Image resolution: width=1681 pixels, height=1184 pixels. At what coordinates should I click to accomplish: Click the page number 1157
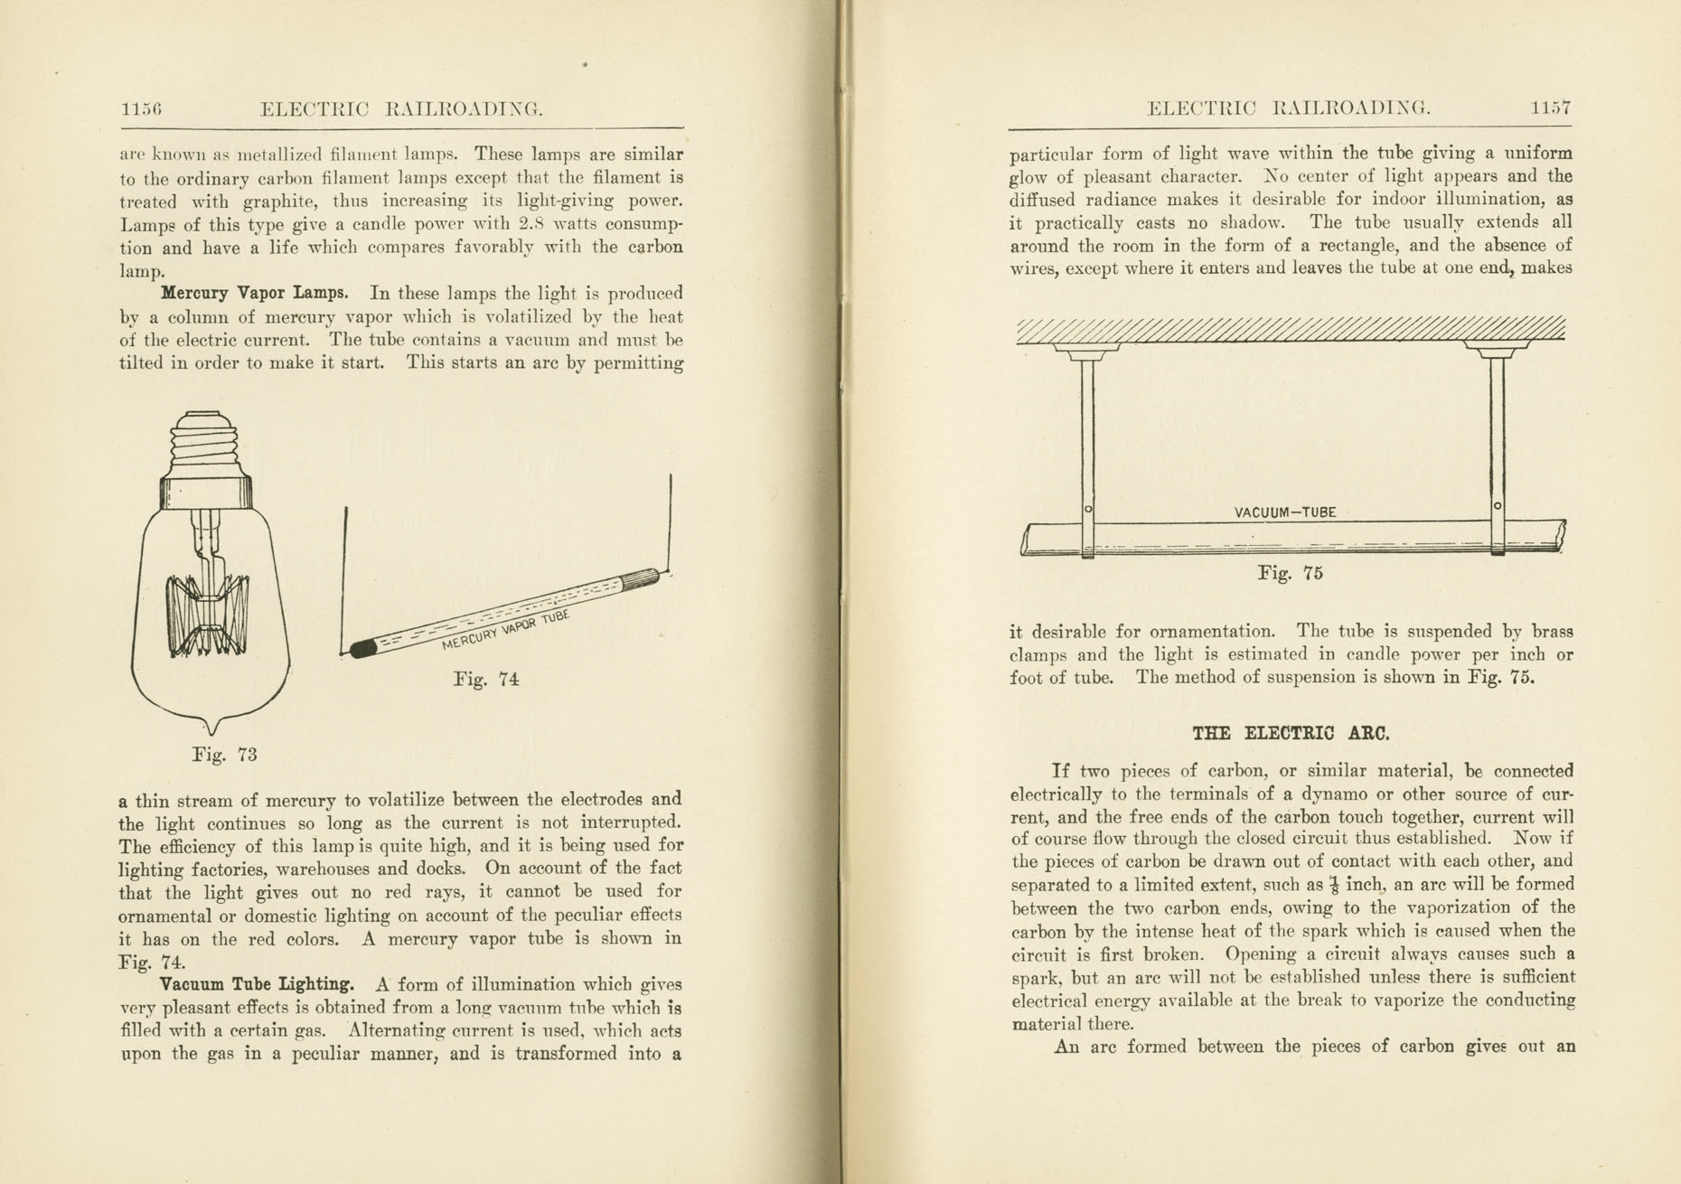click(1551, 108)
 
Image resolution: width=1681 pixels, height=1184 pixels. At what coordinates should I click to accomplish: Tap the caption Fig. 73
click(224, 755)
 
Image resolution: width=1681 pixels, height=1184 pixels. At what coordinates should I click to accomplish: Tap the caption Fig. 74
click(486, 680)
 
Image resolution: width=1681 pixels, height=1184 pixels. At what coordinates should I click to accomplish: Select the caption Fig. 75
click(1291, 573)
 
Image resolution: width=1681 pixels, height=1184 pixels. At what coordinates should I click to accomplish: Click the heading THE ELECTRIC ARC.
click(1291, 734)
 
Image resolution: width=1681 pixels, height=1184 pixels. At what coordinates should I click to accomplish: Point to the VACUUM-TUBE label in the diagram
click(1284, 512)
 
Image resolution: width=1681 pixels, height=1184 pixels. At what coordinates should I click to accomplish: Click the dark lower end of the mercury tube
click(363, 648)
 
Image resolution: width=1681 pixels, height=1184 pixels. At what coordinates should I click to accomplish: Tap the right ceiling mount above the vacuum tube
click(1497, 348)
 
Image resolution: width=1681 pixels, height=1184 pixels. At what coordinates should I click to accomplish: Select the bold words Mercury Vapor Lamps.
click(254, 294)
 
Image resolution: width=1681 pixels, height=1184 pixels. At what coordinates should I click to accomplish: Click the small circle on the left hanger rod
click(1088, 510)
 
